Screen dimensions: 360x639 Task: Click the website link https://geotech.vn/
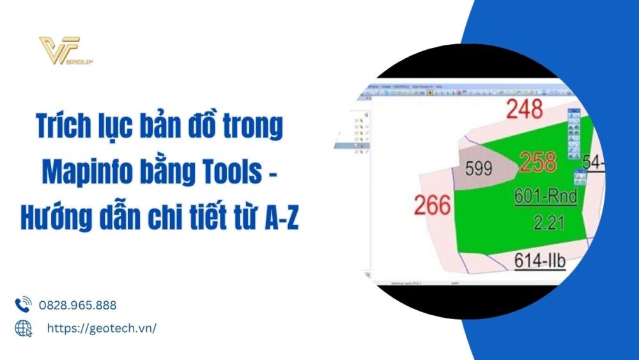[x=102, y=328]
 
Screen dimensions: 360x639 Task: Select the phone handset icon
[x=23, y=304]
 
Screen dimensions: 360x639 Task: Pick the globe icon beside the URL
[x=23, y=328]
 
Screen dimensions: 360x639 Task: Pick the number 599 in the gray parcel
[x=479, y=169]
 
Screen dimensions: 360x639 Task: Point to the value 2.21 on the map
[x=548, y=223]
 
